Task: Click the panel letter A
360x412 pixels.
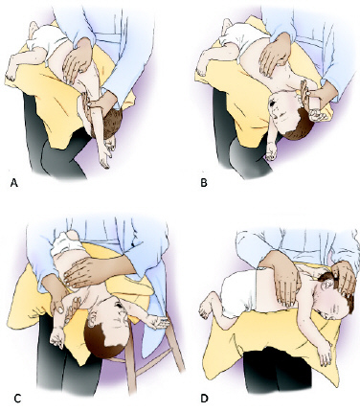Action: pyautogui.click(x=14, y=183)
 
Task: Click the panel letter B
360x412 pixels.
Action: pyautogui.click(x=204, y=183)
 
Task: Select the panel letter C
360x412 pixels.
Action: pyautogui.click(x=17, y=399)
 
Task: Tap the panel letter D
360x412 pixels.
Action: pyautogui.click(x=204, y=399)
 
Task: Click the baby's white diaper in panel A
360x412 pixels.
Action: pyautogui.click(x=45, y=39)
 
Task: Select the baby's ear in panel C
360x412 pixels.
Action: pyautogui.click(x=92, y=318)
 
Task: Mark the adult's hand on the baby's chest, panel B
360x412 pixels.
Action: pyautogui.click(x=275, y=55)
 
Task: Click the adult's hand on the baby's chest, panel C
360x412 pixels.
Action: pyautogui.click(x=86, y=271)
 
